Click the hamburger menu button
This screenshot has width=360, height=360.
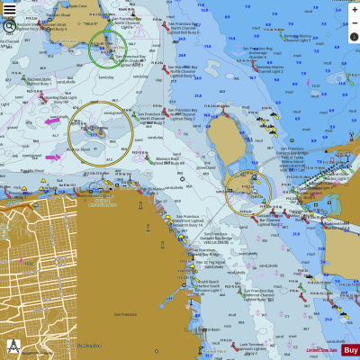pyautogui.click(x=10, y=9)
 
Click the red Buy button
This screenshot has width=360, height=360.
pyautogui.click(x=350, y=350)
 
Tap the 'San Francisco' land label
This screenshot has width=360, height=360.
pyautogui.click(x=124, y=314)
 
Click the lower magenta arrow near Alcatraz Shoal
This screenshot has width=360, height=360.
pyautogui.click(x=53, y=157)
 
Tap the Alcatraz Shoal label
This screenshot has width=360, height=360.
pyautogui.click(x=78, y=150)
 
